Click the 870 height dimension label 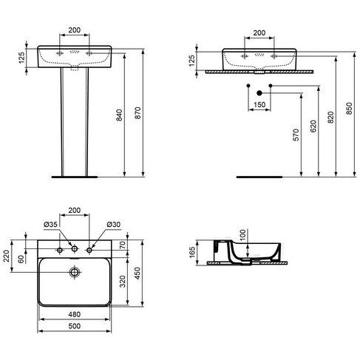pos(138,113)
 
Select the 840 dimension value pos(119,115)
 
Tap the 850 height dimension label pos(349,109)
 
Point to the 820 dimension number pos(330,118)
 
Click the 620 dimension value pos(313,126)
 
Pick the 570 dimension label pos(296,135)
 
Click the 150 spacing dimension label pos(259,105)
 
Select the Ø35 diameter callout pos(50,224)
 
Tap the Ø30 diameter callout pos(114,224)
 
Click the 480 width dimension pos(74,314)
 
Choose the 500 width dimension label pos(74,326)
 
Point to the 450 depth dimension pos(137,273)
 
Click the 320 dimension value pos(123,282)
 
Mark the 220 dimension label pos(6,256)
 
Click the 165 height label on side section pos(191,252)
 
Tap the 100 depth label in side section pos(242,235)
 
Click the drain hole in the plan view pos(75,272)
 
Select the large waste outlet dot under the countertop pos(259,93)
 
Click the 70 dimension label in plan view pos(123,245)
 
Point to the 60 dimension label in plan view pos(21,259)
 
